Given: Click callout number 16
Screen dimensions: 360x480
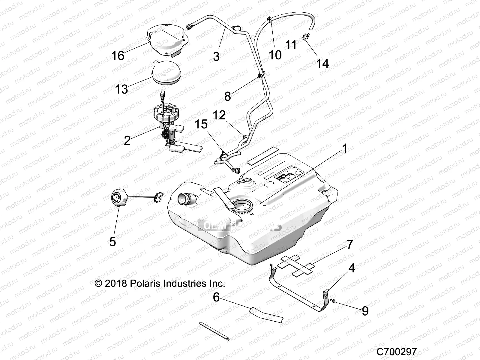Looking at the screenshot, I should [x=118, y=56].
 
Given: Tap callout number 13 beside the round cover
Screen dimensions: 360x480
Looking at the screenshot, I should [x=122, y=89].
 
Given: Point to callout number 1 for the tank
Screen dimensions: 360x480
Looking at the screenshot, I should [x=345, y=148].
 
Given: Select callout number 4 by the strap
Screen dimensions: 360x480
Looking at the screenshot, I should [x=351, y=268].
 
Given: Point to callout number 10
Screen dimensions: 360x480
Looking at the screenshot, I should [x=275, y=55].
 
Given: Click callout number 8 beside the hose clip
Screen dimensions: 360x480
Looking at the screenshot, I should [x=227, y=96].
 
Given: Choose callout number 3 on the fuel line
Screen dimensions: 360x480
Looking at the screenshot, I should [x=216, y=56].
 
